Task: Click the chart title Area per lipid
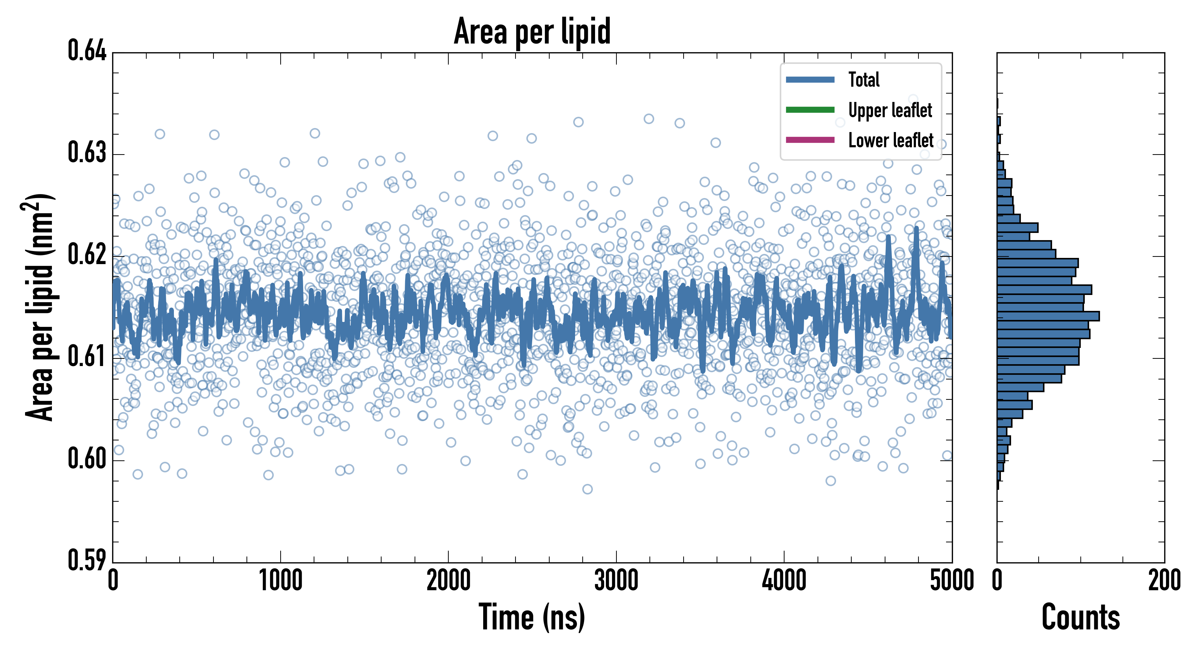(x=532, y=32)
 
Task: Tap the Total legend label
(x=864, y=79)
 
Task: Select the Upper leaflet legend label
(x=890, y=110)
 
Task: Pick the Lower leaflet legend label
(x=891, y=140)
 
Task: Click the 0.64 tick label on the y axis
(x=87, y=51)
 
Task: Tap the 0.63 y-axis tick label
(x=87, y=152)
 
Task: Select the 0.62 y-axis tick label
(x=87, y=255)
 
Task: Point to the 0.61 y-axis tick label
(x=87, y=357)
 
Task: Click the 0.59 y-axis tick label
(x=87, y=560)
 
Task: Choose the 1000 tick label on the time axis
(x=280, y=581)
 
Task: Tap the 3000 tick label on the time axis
(x=616, y=581)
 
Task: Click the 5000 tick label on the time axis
(x=952, y=581)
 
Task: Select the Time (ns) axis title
(x=532, y=617)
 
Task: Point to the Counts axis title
(x=1080, y=617)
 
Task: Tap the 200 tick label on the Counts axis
(x=1164, y=581)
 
